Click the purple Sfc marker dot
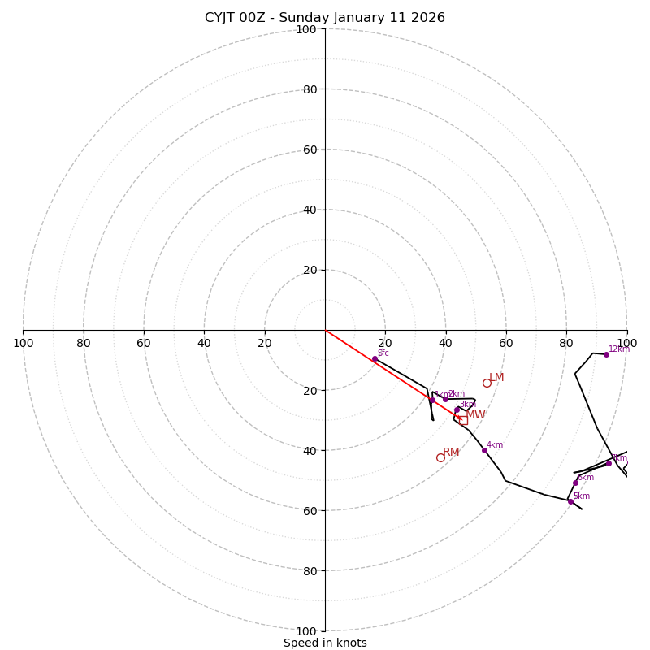(375, 359)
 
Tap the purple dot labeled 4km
(484, 450)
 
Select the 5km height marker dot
(570, 501)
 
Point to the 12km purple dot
(606, 354)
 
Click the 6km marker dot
(575, 483)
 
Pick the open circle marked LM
(487, 383)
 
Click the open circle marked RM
(440, 457)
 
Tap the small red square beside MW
(462, 420)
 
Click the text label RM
(451, 453)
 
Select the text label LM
(496, 378)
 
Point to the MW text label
(475, 415)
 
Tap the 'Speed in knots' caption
(325, 643)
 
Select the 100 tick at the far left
(23, 343)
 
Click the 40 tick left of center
(204, 343)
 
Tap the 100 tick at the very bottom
(306, 630)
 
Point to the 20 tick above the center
(310, 270)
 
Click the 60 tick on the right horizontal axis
(505, 343)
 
